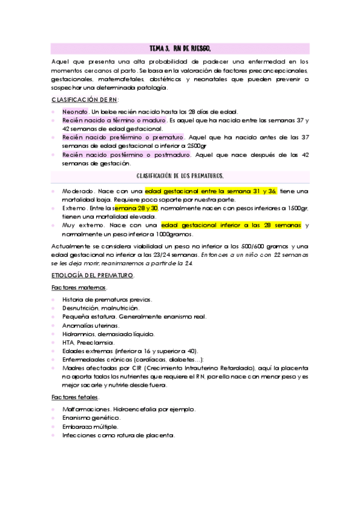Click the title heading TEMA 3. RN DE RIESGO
pyautogui.click(x=180, y=48)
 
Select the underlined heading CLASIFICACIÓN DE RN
pyautogui.click(x=85, y=99)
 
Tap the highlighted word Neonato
pyautogui.click(x=75, y=112)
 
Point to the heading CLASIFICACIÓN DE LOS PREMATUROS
pyautogui.click(x=180, y=176)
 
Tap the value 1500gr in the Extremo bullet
pyautogui.click(x=295, y=208)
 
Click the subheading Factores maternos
pyautogui.click(x=79, y=288)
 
